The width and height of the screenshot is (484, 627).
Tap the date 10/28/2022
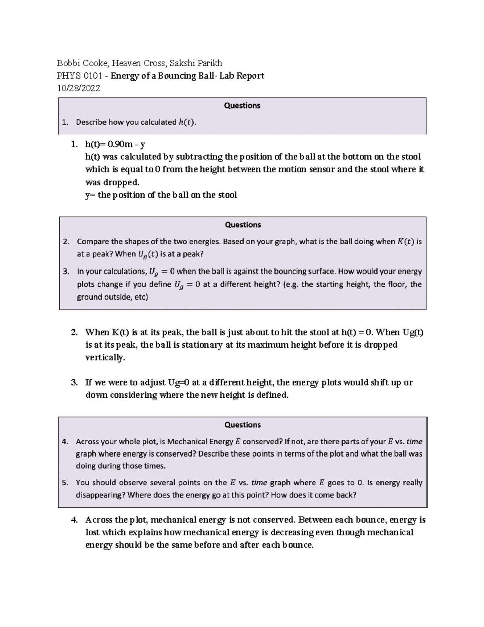[x=79, y=88]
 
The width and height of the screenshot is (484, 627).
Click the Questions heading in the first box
[x=242, y=106]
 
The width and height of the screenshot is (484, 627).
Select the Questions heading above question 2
[x=243, y=225]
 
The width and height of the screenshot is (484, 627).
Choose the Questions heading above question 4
[x=242, y=425]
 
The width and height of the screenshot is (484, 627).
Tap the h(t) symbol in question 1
[x=187, y=122]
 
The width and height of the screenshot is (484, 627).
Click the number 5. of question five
[x=65, y=482]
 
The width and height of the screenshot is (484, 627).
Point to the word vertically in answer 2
[x=104, y=358]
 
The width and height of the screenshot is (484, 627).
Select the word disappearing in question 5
[x=100, y=495]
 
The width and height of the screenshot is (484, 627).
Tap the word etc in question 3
[x=141, y=298]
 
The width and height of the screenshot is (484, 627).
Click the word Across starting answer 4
[x=99, y=520]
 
